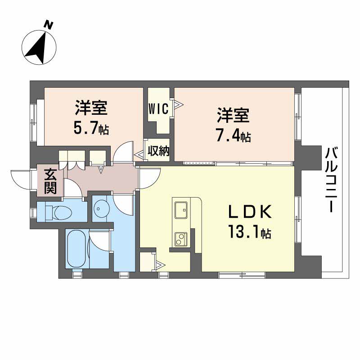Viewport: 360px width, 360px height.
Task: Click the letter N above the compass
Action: (49, 25)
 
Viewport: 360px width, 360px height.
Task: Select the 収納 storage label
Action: (158, 151)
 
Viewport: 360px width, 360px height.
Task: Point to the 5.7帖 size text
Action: (91, 129)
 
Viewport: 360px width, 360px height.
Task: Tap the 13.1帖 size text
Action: (250, 232)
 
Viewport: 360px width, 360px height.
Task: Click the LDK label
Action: (250, 211)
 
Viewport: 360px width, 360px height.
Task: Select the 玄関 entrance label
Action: (50, 181)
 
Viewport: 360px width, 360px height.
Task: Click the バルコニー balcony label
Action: (331, 180)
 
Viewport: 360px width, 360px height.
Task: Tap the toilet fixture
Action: (58, 211)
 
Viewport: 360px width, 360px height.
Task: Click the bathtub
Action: (76, 248)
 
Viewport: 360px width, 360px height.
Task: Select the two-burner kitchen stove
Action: (181, 239)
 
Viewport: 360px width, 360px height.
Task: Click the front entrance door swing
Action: (21, 179)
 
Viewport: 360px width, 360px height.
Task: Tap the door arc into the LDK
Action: (150, 178)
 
